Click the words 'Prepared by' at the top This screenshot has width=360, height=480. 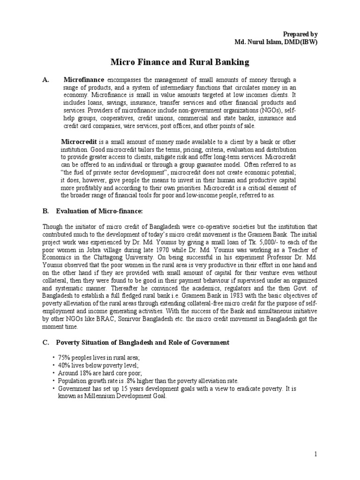[x=301, y=34]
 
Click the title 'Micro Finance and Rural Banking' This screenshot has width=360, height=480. [x=180, y=62]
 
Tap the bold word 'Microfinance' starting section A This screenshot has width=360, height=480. [x=84, y=80]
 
